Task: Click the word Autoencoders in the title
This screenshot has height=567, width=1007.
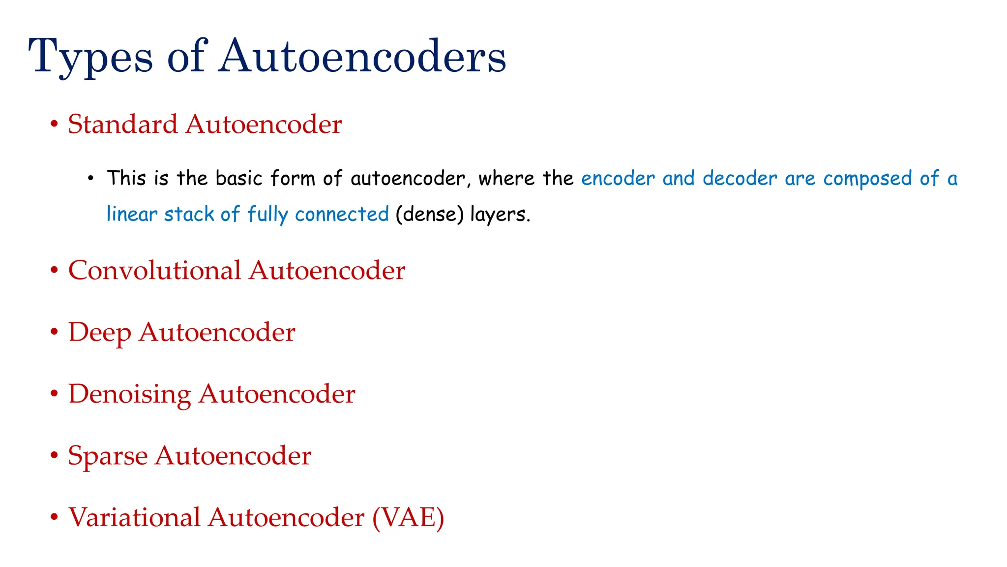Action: coord(362,57)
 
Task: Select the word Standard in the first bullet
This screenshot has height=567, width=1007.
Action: coord(122,124)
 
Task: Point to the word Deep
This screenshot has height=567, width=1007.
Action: coord(99,333)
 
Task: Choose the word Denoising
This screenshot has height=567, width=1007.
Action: coord(129,394)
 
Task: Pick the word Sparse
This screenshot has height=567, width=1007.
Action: coord(108,456)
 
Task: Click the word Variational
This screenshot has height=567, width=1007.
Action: coord(134,517)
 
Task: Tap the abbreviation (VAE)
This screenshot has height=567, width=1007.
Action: coord(408,517)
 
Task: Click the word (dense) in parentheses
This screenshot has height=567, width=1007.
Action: coord(429,215)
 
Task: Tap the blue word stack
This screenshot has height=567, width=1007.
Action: coord(189,215)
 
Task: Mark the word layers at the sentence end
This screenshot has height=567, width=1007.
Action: coord(500,215)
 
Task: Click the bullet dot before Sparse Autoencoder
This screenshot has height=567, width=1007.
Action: coord(54,455)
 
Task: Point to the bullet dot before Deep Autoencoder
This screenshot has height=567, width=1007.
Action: coord(54,332)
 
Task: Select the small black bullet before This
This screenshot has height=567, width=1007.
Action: coord(90,178)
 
